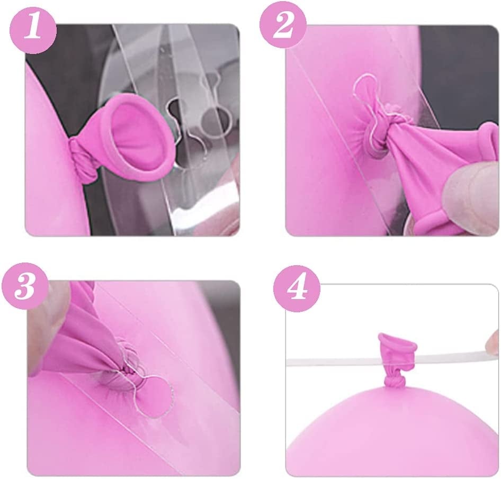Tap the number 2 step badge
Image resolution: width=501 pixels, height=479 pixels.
tap(283, 25)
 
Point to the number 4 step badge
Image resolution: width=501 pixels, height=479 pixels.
tap(297, 288)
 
